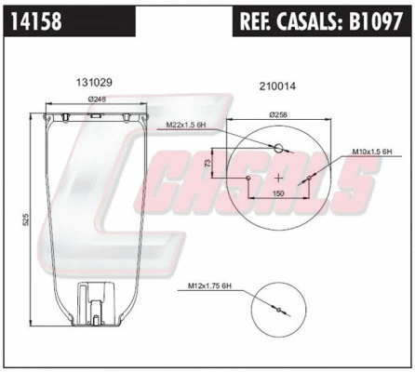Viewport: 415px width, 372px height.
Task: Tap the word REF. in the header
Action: [x=260, y=21]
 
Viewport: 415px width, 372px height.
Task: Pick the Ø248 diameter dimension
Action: [x=96, y=100]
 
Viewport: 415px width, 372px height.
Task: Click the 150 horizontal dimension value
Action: [x=278, y=194]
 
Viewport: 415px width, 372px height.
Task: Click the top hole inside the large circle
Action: [x=278, y=147]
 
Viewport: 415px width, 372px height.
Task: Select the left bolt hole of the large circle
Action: [x=249, y=178]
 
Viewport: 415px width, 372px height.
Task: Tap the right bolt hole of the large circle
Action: [x=308, y=178]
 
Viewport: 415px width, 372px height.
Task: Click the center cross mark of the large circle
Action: [x=278, y=177]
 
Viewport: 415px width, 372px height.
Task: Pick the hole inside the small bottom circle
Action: [x=276, y=310]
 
